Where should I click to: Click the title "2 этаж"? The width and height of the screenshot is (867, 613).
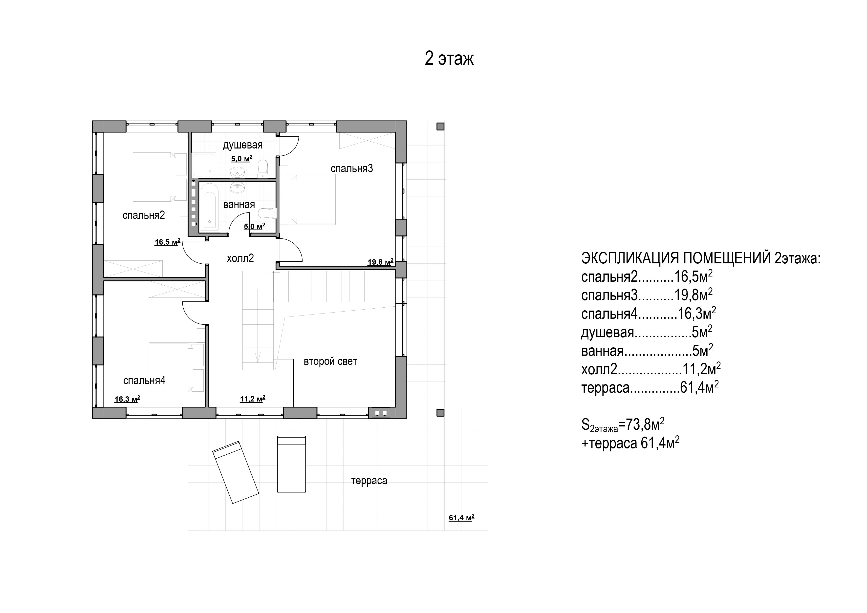(x=449, y=59)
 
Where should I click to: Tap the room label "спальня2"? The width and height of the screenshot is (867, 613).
(x=144, y=215)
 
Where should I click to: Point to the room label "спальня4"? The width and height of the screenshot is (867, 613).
(x=144, y=380)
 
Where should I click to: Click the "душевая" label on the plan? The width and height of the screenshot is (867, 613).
(x=242, y=145)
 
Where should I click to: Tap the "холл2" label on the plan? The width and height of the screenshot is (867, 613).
(x=240, y=258)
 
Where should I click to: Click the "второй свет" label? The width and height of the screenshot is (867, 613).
(x=330, y=362)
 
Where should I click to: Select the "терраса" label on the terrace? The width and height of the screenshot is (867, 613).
(x=369, y=481)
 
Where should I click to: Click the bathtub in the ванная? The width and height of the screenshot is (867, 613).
(x=209, y=207)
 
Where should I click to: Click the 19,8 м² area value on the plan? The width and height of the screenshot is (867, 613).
(x=381, y=262)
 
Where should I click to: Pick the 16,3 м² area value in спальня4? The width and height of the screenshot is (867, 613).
(x=127, y=399)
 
